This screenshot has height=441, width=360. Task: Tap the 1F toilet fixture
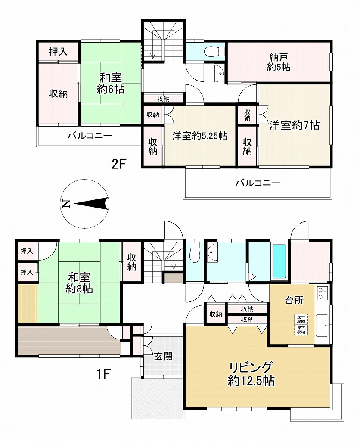pos(195,252)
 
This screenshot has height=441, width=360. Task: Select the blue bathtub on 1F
pos(279,261)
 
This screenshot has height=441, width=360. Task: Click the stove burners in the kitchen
pos(322,293)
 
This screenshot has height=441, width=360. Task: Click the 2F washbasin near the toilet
pos(219,74)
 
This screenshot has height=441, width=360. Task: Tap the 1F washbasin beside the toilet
pos(212,252)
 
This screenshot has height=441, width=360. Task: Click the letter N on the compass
pos(65,203)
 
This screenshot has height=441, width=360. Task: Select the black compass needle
pos(91,204)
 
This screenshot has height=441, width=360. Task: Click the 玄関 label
pos(163,357)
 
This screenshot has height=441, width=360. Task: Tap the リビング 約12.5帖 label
pos(251,374)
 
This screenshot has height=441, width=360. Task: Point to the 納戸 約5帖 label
pos(279,63)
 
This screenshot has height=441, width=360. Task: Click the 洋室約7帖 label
pos(294,125)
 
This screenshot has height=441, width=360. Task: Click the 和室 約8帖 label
pos(79,283)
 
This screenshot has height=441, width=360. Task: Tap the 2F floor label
pos(118,164)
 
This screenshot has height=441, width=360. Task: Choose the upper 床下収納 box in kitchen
pos(301,320)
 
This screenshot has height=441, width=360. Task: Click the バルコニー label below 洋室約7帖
pos(258,183)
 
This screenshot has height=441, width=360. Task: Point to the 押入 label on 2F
pos(58,52)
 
